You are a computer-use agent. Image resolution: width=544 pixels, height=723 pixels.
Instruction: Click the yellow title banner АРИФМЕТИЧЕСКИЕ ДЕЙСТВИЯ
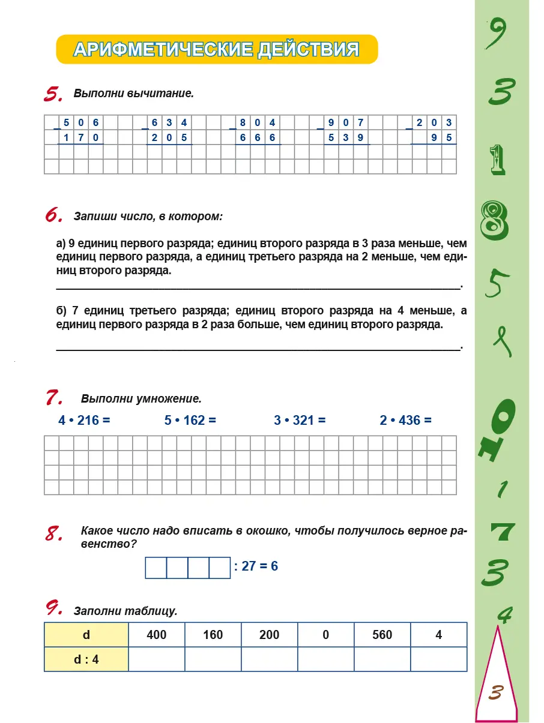217,49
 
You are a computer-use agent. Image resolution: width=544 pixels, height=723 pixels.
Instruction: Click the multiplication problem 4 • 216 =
85,421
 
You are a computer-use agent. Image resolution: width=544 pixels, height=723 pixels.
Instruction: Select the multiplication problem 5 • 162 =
190,421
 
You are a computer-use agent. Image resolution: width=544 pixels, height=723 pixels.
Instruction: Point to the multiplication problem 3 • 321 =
300,421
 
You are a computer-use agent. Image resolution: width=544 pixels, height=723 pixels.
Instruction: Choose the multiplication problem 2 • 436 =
405,421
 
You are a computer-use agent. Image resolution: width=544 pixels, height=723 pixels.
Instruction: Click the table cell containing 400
157,634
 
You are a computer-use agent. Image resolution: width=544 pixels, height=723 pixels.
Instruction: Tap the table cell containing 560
382,634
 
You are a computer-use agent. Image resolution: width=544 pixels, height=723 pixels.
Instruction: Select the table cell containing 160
213,634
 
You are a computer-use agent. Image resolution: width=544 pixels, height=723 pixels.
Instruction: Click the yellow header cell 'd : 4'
86,659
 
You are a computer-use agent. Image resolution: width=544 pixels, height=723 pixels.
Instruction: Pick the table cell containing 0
326,634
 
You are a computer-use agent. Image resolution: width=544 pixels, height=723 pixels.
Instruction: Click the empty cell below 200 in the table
270,659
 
